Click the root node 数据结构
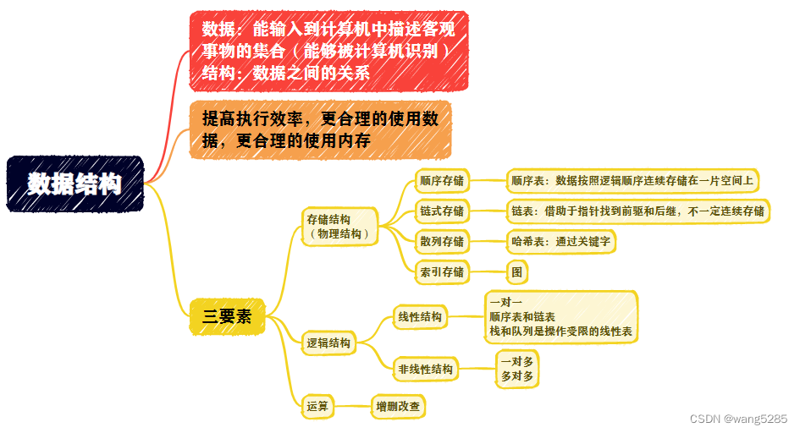pos(74,184)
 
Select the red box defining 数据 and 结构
pos(328,50)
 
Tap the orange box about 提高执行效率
pos(320,129)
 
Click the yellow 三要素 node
pos(227,317)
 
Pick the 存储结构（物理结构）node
pos(339,226)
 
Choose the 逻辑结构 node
pos(328,343)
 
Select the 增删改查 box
pos(398,407)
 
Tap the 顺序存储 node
pos(442,180)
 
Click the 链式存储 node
pos(442,211)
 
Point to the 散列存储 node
pos(442,241)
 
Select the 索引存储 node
pos(442,271)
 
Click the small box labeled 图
pos(517,271)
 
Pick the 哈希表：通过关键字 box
pos(560,241)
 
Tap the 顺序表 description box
pos(632,180)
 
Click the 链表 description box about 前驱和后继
pos(637,211)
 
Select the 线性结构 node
pos(420,317)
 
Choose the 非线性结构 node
pos(425,369)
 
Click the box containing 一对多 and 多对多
pos(517,369)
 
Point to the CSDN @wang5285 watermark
pos(738,419)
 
